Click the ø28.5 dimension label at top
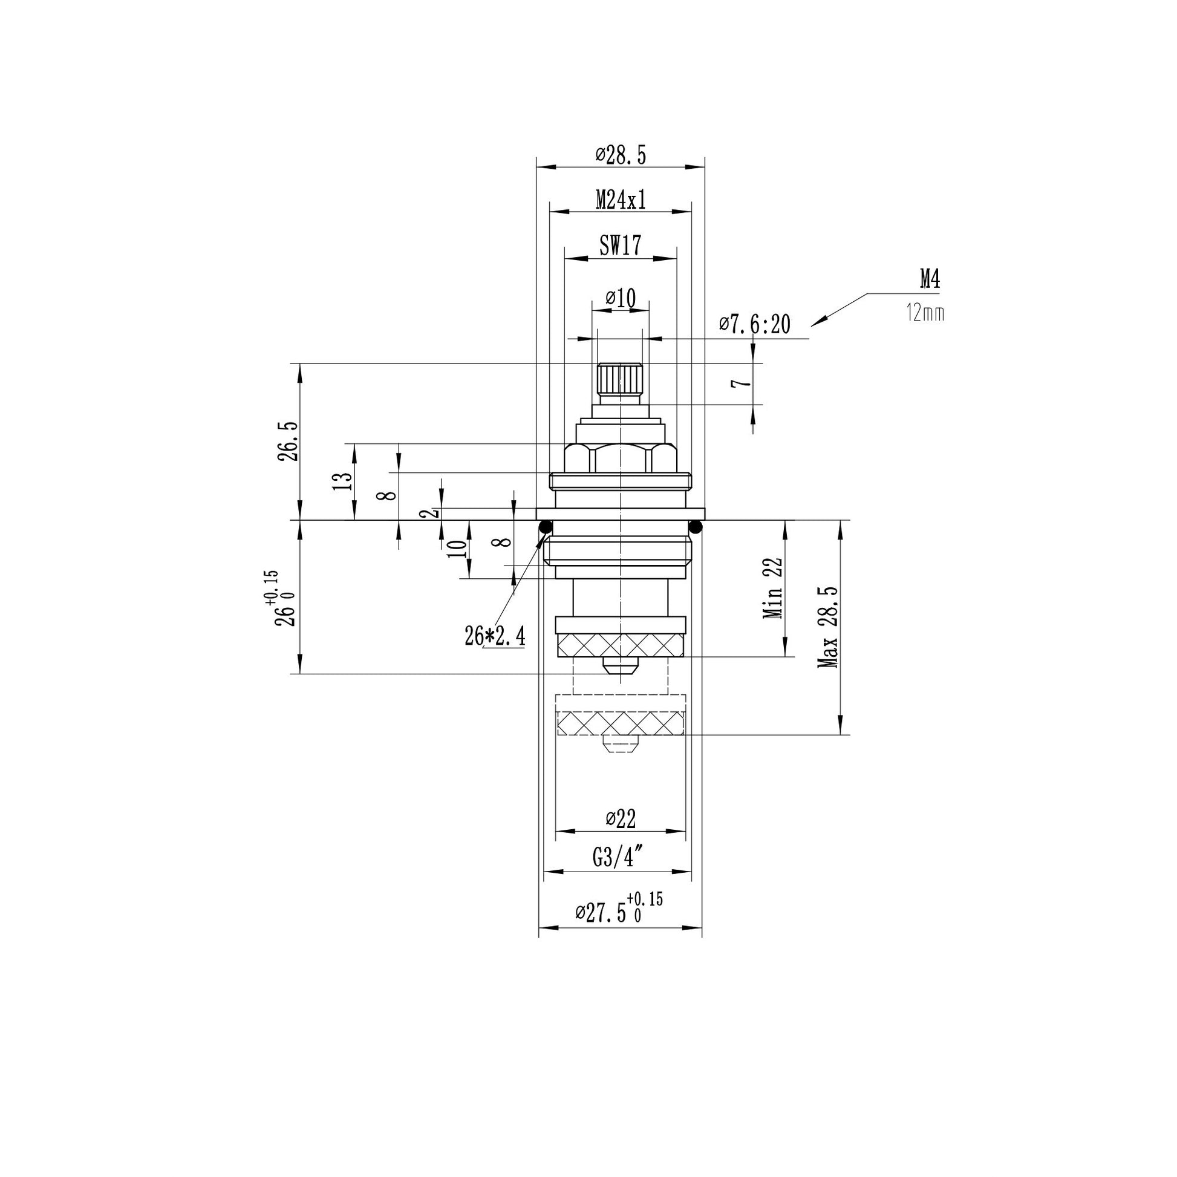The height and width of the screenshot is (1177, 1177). point(620,155)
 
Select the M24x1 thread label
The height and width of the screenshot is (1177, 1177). point(620,199)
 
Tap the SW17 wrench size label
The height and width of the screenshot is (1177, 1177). point(620,246)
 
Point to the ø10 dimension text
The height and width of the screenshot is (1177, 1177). point(620,298)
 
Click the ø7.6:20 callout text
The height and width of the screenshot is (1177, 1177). point(754,324)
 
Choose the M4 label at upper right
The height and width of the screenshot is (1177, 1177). point(930,279)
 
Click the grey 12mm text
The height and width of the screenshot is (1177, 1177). point(925,314)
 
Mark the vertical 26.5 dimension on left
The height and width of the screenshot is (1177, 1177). point(288,441)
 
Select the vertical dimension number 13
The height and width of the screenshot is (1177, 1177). point(343,481)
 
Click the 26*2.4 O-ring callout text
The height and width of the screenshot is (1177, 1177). point(495,637)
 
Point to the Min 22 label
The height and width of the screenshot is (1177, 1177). point(773,588)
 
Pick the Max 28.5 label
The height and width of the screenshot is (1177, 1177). point(828,627)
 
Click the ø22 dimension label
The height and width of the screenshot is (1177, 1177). point(620,818)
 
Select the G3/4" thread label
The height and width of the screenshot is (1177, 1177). point(618,858)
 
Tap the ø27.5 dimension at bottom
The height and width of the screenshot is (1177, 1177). point(619,911)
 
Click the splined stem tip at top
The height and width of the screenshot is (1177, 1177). point(620,379)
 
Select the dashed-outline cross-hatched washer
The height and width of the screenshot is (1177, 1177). point(621,723)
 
